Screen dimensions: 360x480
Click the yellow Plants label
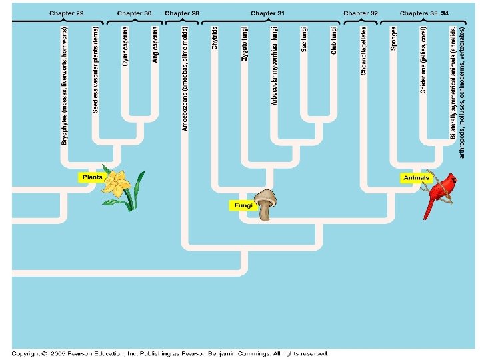click(91, 177)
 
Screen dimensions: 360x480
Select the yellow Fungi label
click(242, 206)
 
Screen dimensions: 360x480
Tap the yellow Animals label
click(416, 178)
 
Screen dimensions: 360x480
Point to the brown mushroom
click(266, 204)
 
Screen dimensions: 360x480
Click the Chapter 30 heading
click(134, 13)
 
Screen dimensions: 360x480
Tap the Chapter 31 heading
click(267, 13)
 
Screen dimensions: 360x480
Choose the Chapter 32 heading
click(361, 13)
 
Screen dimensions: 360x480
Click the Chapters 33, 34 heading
click(424, 13)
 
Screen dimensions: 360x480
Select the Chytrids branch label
click(214, 38)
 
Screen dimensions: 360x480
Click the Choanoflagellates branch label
click(364, 50)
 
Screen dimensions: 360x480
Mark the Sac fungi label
click(304, 39)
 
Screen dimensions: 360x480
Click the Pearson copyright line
click(170, 353)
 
